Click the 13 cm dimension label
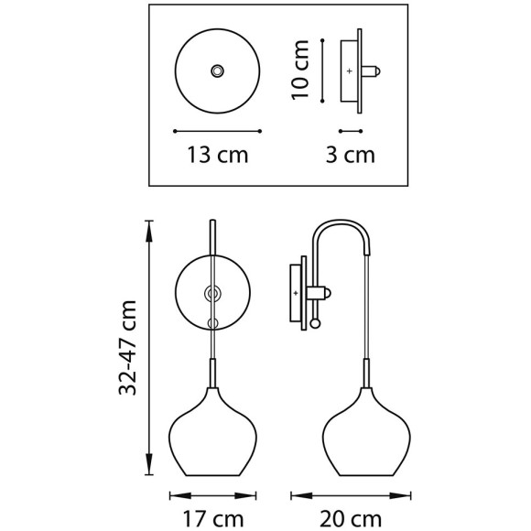[218, 155]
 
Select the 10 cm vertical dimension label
[303, 69]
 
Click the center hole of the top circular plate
[218, 70]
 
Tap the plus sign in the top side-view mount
[349, 70]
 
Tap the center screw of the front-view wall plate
[212, 293]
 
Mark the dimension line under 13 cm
[218, 130]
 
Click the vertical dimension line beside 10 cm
[323, 70]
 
